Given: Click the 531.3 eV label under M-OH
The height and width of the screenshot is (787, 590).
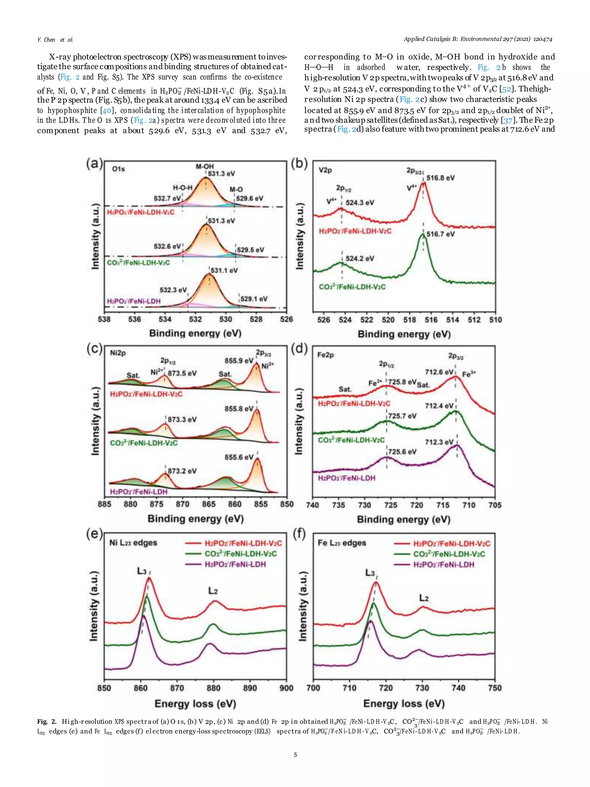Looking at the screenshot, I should tap(221, 173).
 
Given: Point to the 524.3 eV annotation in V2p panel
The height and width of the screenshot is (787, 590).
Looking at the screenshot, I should tap(360, 203).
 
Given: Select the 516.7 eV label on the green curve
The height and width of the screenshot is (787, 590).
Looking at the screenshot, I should tap(440, 234).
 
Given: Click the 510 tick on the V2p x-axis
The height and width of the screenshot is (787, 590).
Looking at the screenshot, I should tap(495, 320).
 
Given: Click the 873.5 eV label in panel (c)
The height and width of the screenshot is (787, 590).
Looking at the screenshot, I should tap(182, 373).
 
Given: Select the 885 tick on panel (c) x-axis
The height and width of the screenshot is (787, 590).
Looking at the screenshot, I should tap(104, 504).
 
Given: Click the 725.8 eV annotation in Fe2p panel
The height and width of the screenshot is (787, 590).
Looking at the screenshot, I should tap(402, 382).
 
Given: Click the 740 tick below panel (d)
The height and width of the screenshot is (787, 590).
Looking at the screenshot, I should tap(312, 505).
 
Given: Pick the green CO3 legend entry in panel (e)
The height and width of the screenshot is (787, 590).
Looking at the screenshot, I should tap(240, 554).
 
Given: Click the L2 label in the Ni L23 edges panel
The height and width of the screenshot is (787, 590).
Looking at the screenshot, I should tap(213, 591).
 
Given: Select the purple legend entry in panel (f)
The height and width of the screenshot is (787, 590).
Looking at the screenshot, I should tap(443, 565).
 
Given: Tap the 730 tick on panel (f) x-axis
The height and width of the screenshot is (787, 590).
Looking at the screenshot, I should tap(422, 688).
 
